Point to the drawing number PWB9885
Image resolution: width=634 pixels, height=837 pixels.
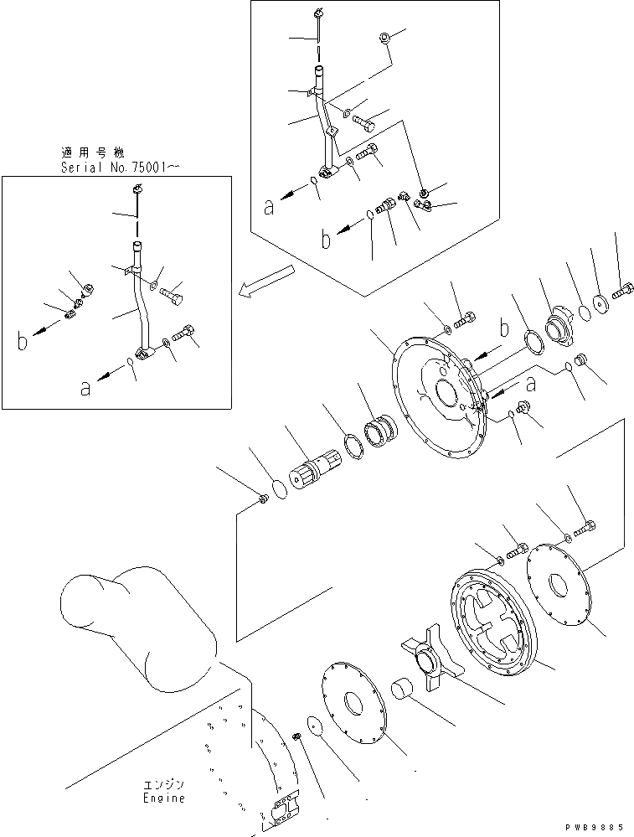[597, 826]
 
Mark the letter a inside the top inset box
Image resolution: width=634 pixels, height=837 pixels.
[268, 206]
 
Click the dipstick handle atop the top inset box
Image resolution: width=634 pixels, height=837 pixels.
[319, 14]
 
